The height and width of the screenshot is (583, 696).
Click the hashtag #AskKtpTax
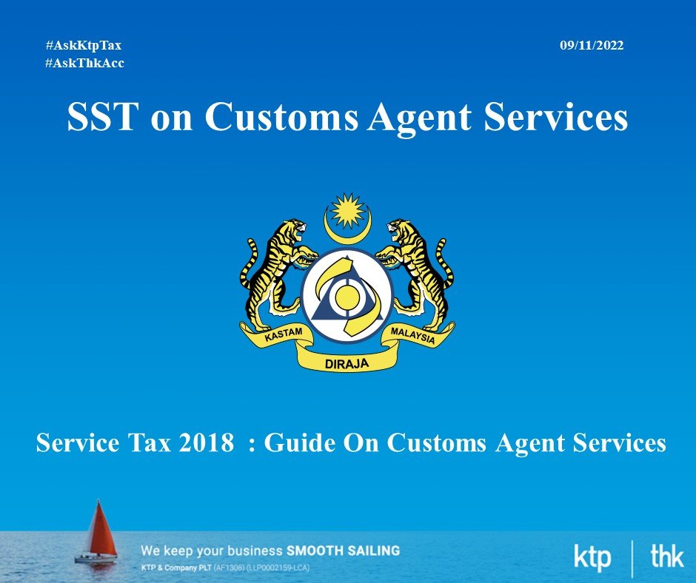84,46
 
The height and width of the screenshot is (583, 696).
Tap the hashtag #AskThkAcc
84,63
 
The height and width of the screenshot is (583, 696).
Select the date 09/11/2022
592,46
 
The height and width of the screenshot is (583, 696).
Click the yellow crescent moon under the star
347,229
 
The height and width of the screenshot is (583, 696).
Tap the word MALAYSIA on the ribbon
413,335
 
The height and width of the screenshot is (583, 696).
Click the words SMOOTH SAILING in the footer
343,551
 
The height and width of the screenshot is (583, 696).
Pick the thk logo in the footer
666,556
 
